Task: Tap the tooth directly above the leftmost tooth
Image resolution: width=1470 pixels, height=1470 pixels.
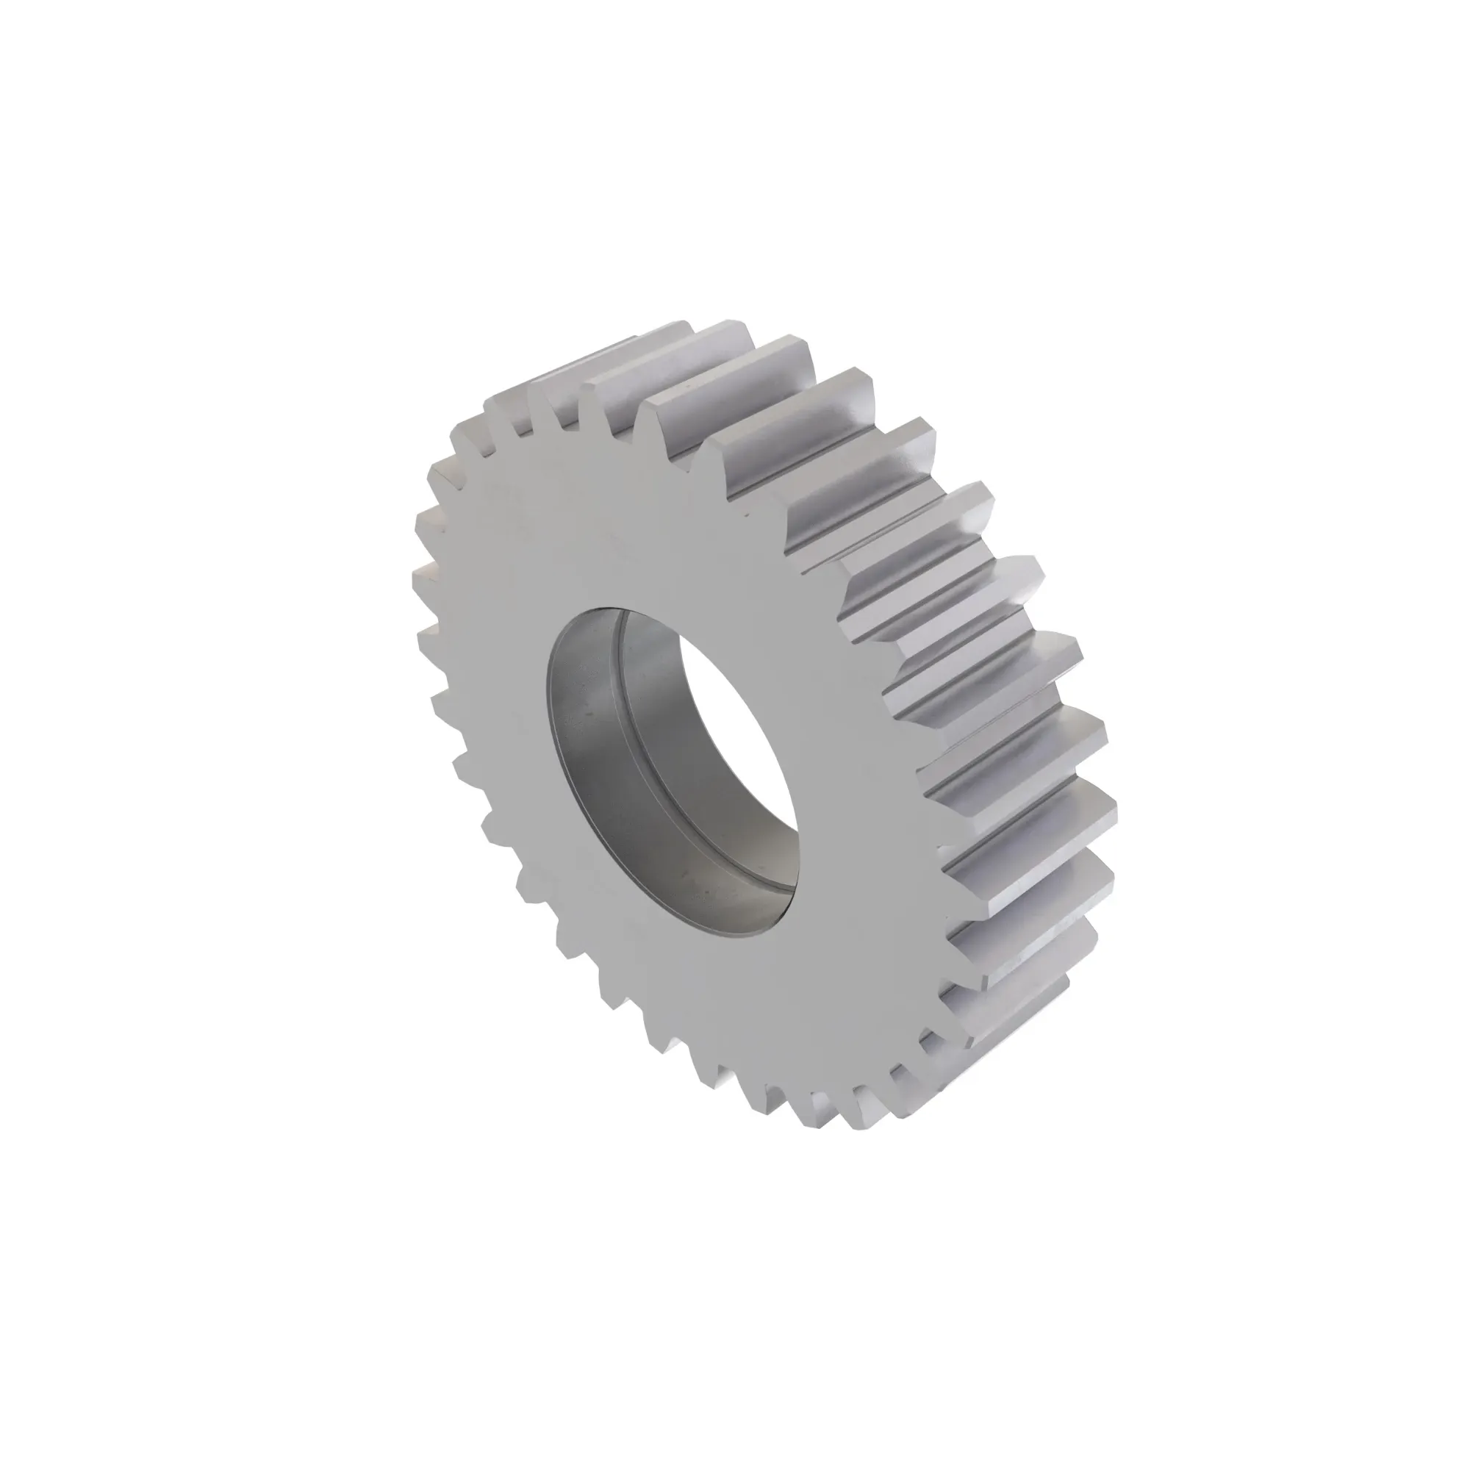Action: tap(426, 525)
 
